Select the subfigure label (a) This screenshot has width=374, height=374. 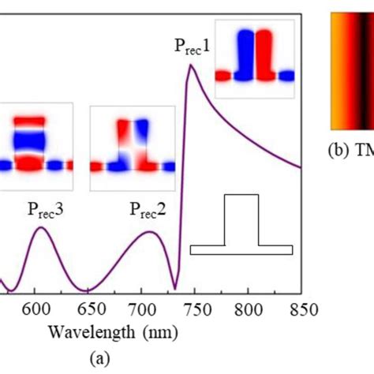point(100,359)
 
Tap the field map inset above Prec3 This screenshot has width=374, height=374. point(36,147)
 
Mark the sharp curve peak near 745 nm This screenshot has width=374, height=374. point(189,65)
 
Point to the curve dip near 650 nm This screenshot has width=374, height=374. point(88,290)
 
